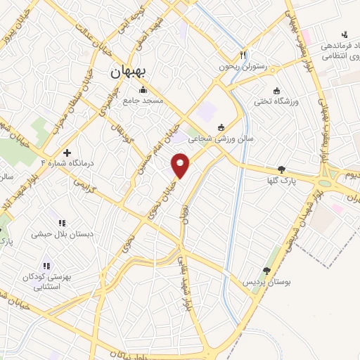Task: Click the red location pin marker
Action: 181,165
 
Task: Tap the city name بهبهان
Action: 129,72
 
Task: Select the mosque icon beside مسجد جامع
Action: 144,89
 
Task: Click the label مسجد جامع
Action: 143,101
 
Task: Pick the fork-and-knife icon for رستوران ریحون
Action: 243,54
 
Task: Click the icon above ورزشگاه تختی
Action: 276,91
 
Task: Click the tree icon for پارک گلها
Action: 282,169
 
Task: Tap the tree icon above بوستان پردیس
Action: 266,271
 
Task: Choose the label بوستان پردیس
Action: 262,282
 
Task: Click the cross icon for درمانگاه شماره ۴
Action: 67,153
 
